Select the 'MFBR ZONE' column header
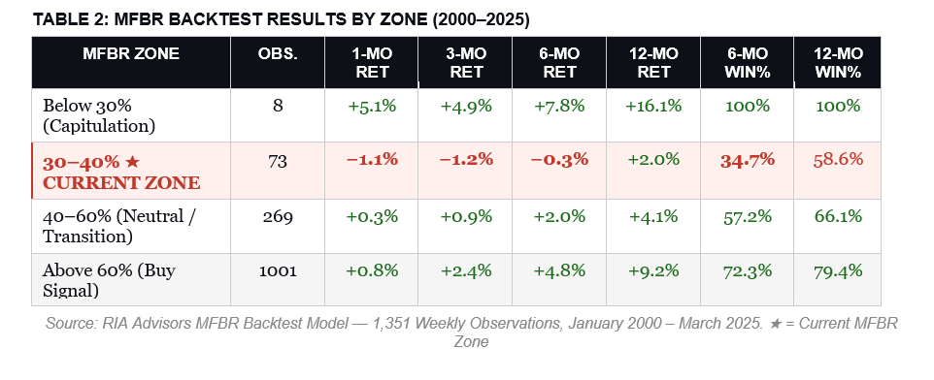(x=131, y=53)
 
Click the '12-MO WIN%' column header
(x=839, y=62)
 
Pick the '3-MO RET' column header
(x=464, y=62)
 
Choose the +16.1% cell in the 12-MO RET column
(x=651, y=106)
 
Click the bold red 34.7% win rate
(x=746, y=160)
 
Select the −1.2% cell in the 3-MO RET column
(x=464, y=160)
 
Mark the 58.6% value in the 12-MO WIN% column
(x=839, y=160)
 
